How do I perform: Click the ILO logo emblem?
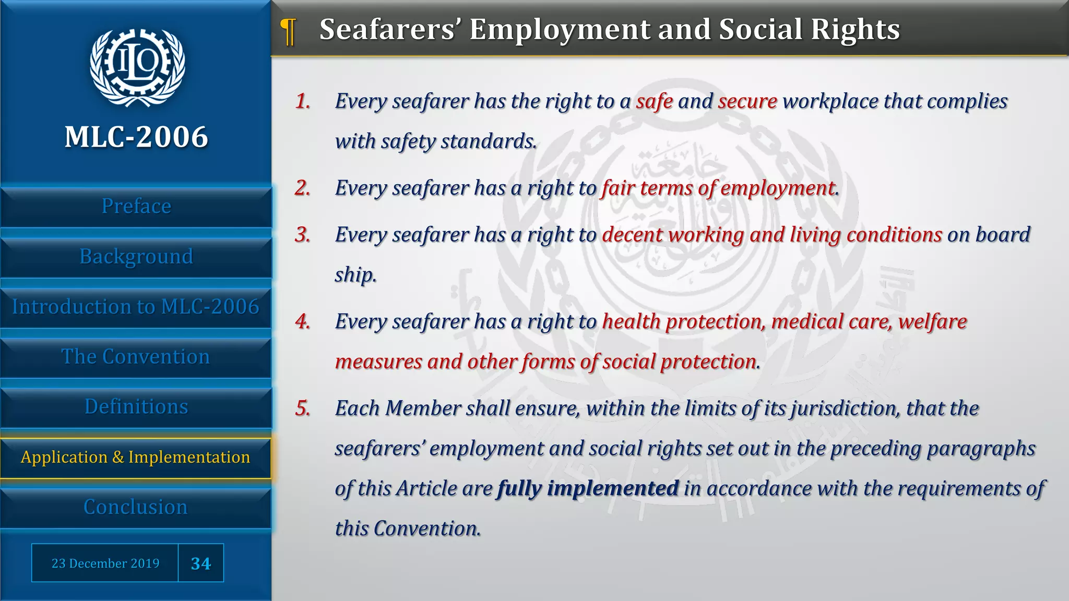137,67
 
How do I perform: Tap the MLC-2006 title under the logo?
136,137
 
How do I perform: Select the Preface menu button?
136,207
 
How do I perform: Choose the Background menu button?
136,257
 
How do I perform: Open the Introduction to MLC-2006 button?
136,307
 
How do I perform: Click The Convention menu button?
136,357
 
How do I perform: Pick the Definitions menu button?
136,407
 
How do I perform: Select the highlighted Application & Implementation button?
136,458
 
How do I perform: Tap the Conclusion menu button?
136,507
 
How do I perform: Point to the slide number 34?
201,563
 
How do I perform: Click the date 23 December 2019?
105,563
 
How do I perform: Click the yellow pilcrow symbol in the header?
288,31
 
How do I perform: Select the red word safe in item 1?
654,102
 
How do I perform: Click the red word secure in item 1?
747,102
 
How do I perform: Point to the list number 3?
303,235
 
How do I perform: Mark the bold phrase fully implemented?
588,489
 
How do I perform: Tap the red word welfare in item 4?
932,322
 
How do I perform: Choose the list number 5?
303,408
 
